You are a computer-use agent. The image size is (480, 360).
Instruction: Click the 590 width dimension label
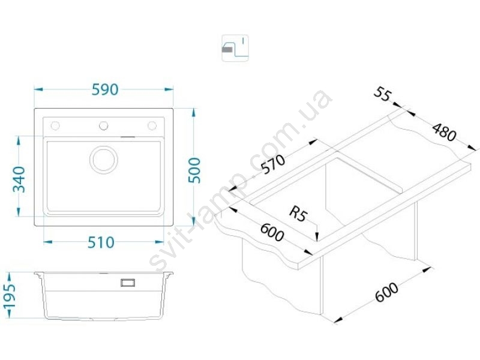point(104,89)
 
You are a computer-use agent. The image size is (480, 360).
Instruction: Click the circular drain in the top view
point(103,159)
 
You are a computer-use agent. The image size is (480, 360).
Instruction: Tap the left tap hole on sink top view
point(56,125)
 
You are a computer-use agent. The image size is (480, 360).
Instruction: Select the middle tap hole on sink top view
point(103,125)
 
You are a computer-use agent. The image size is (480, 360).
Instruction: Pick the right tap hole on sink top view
point(152,125)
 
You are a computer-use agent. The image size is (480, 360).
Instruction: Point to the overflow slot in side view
point(128,281)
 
